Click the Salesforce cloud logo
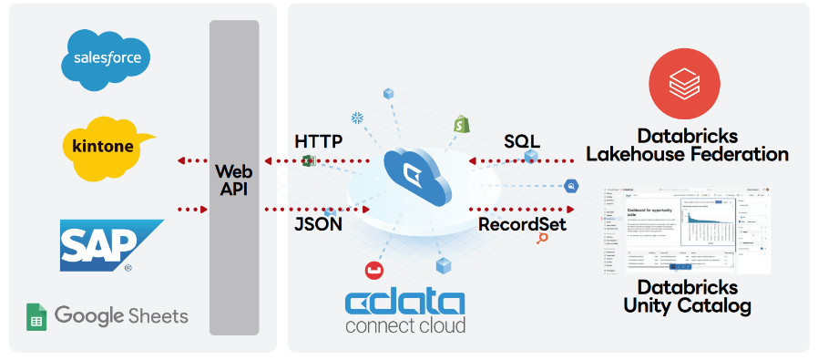pyautogui.click(x=107, y=59)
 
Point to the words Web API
pyautogui.click(x=233, y=180)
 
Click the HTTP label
pyautogui.click(x=319, y=141)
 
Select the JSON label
pyautogui.click(x=318, y=223)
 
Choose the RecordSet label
pyautogui.click(x=522, y=223)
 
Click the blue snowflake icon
pyautogui.click(x=357, y=118)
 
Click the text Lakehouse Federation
pyautogui.click(x=687, y=154)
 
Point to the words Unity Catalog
pyautogui.click(x=687, y=305)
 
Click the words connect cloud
pyautogui.click(x=405, y=325)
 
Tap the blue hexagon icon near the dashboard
pyautogui.click(x=571, y=186)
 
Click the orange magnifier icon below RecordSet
pyautogui.click(x=543, y=238)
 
